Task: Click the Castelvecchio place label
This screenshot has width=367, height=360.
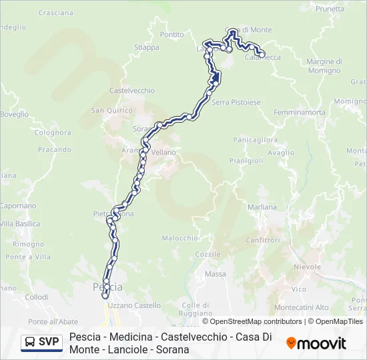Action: point(131,91)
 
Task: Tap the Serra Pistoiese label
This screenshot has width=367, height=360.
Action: point(236,102)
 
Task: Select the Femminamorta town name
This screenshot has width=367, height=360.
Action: point(299,112)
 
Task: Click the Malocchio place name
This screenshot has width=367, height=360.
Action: point(180,238)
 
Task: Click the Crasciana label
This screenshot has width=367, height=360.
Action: point(56,13)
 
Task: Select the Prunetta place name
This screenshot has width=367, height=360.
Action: point(330,9)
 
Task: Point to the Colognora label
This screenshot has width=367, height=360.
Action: point(53,132)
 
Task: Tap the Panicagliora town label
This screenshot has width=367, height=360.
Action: point(255,140)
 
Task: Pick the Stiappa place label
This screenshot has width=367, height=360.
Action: point(147,47)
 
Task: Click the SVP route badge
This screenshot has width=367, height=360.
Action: point(41,343)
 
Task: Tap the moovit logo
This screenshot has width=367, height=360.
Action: point(316,343)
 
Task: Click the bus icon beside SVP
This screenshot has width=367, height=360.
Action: point(30,343)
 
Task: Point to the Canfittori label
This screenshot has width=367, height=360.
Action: point(262,240)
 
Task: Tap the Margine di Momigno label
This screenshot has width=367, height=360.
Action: point(324,65)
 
